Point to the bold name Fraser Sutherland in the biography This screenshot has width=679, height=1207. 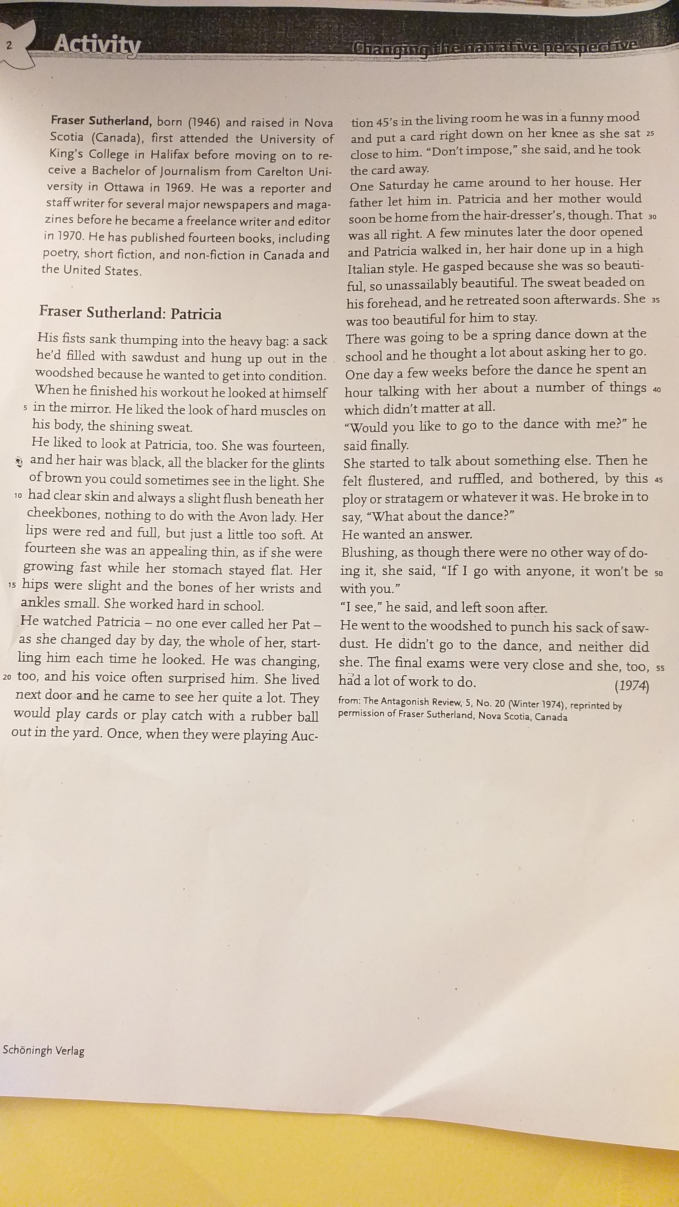[100, 121]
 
